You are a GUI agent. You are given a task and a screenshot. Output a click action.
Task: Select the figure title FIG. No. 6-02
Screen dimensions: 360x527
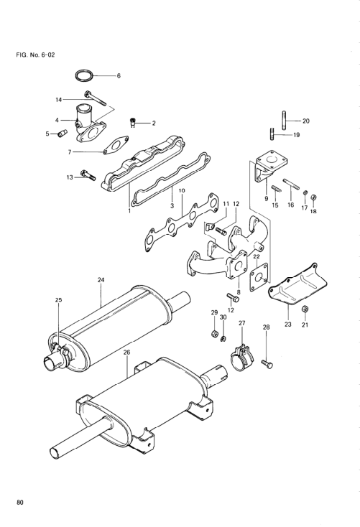pyautogui.click(x=35, y=55)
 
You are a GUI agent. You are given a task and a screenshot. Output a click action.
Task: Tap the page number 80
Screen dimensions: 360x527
pyautogui.click(x=19, y=503)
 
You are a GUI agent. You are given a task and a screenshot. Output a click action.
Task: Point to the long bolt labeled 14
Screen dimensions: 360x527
pyautogui.click(x=96, y=98)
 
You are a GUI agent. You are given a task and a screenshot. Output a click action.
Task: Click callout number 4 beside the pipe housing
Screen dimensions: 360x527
pyautogui.click(x=57, y=120)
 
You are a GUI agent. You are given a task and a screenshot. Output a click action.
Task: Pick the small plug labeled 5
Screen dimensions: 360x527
pyautogui.click(x=63, y=133)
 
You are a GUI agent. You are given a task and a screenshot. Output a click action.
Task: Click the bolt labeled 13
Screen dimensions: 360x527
pyautogui.click(x=88, y=175)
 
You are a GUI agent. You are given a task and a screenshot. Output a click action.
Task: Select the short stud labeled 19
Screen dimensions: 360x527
pyautogui.click(x=272, y=134)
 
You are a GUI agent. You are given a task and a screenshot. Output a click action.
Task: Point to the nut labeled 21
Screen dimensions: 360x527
pyautogui.click(x=305, y=309)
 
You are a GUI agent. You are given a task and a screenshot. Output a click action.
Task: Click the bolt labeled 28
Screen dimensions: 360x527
pyautogui.click(x=267, y=363)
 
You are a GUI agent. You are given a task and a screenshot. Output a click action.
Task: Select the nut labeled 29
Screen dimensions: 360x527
pyautogui.click(x=214, y=334)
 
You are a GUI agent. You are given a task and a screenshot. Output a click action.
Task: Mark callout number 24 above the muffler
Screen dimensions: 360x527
pyautogui.click(x=101, y=279)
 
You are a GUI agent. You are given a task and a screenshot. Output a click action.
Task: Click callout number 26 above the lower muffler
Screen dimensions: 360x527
pyautogui.click(x=126, y=353)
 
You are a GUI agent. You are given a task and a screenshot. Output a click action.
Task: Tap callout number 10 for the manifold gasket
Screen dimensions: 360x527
pyautogui.click(x=182, y=190)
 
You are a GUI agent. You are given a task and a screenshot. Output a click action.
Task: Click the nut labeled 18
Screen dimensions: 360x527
pyautogui.click(x=313, y=197)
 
